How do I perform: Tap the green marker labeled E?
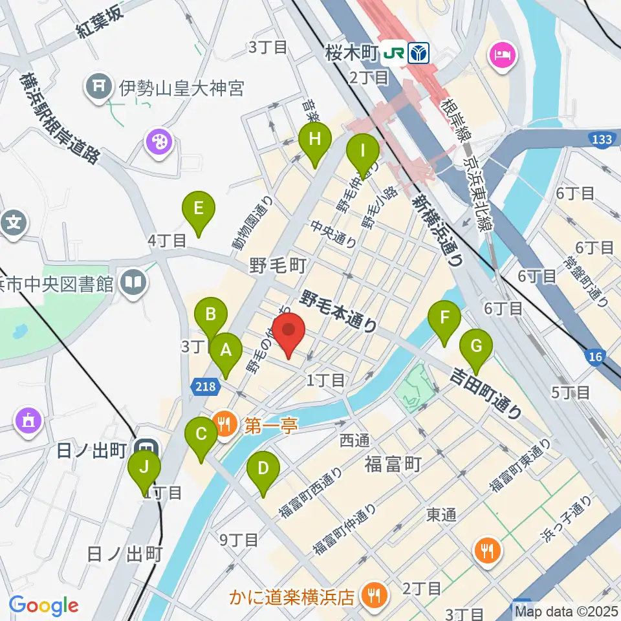pyautogui.click(x=198, y=211)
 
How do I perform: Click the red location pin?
pyautogui.click(x=289, y=332)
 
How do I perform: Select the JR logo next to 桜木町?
pyautogui.click(x=393, y=53)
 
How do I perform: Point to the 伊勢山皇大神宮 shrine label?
pyautogui.click(x=181, y=87)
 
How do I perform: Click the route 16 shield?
pyautogui.click(x=596, y=356)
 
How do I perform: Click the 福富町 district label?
pyautogui.click(x=393, y=463)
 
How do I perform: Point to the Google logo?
pyautogui.click(x=44, y=605)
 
